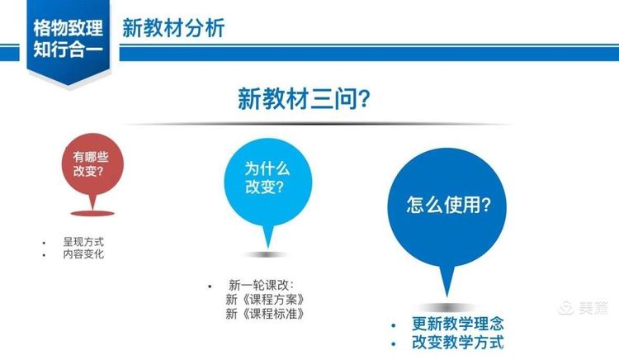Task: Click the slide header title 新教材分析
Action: click(x=173, y=28)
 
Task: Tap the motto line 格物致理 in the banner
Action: click(x=68, y=28)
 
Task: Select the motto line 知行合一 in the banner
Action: click(x=68, y=50)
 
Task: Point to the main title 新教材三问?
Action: click(x=304, y=98)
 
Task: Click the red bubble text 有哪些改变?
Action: click(x=91, y=163)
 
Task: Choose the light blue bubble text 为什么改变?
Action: click(x=267, y=178)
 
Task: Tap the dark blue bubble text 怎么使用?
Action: click(x=448, y=205)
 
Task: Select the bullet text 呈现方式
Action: click(x=83, y=242)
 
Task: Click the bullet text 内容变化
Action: click(x=83, y=253)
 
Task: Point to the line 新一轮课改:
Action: click(x=261, y=285)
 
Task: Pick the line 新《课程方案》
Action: click(x=265, y=300)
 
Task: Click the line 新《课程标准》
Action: click(x=265, y=315)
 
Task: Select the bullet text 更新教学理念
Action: click(x=458, y=324)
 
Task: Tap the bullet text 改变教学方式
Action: click(x=458, y=342)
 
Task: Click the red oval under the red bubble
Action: click(x=92, y=214)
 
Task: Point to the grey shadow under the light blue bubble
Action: click(x=267, y=254)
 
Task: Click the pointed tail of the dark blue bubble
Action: click(x=447, y=296)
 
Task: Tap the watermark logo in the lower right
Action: click(x=583, y=307)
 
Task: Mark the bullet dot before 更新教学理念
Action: click(x=393, y=325)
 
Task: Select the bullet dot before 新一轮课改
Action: click(x=210, y=287)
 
